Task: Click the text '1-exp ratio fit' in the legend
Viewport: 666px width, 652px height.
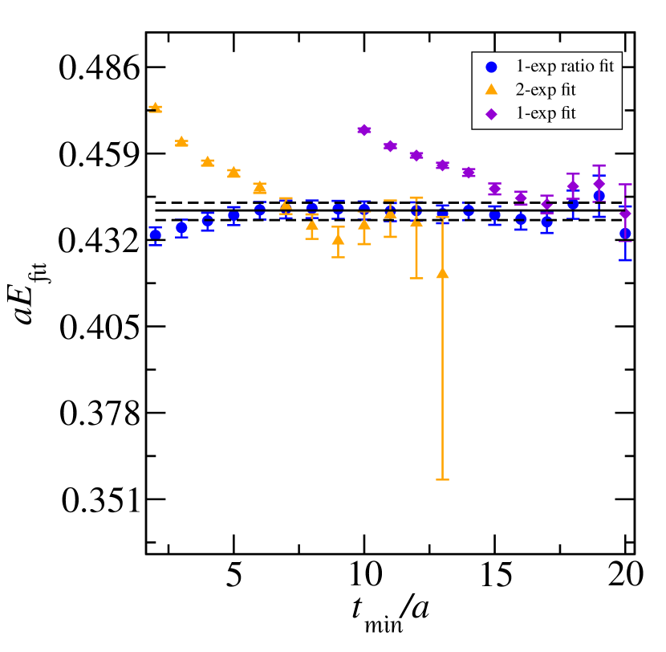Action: pos(564,67)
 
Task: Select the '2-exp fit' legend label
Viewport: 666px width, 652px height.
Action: pos(545,90)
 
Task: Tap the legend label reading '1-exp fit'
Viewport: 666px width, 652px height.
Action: pos(545,113)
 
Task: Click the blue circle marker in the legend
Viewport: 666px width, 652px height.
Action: pos(491,67)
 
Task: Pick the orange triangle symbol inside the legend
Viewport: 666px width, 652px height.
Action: pos(491,89)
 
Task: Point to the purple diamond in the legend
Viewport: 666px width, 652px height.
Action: pos(491,114)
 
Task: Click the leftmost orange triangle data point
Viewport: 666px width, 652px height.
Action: pos(156,107)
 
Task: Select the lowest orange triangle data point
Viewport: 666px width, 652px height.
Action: pos(442,274)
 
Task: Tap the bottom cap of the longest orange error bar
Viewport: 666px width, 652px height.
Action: pos(442,479)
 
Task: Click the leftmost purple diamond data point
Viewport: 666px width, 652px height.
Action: pos(364,129)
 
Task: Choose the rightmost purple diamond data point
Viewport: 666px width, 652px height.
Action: pos(625,214)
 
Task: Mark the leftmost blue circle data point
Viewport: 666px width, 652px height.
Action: pos(156,234)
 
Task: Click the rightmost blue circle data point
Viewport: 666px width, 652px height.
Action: pos(625,233)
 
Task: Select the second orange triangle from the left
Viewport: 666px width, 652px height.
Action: pos(181,141)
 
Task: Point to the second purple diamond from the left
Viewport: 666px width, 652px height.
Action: pos(390,145)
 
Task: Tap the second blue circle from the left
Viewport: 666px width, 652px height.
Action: pos(181,227)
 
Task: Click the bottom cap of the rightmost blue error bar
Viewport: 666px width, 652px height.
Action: pos(625,259)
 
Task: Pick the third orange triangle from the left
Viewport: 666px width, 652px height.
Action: pos(207,161)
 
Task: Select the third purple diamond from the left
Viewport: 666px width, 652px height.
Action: pos(416,155)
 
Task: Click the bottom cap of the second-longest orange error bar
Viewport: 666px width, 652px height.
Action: pos(416,278)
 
